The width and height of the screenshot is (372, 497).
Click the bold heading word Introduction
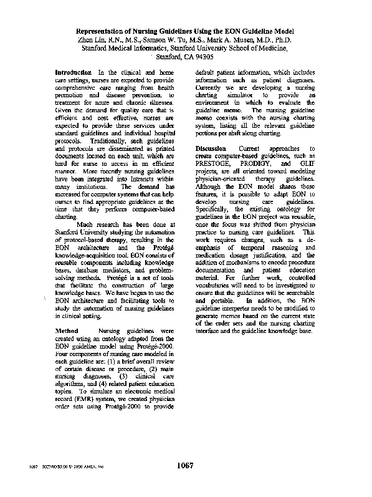click(74, 73)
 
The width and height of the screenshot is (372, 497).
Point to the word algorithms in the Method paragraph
click(71, 379)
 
